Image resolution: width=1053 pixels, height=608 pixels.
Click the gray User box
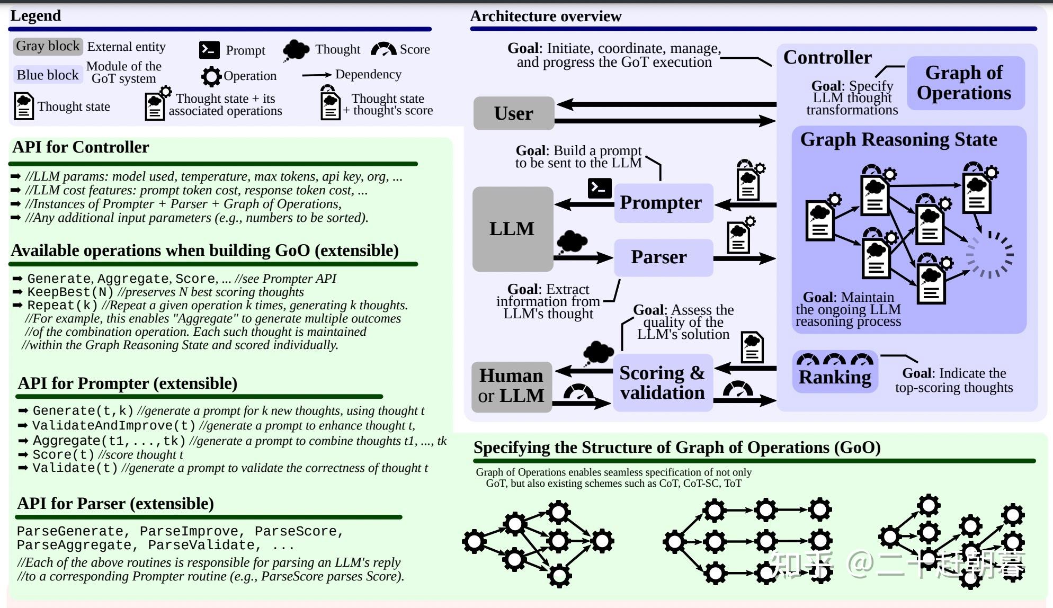click(x=514, y=113)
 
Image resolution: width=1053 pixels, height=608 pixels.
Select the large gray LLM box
click(x=513, y=229)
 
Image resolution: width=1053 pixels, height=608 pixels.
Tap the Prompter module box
click(x=664, y=203)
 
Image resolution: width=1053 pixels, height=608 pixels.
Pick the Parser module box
click(x=664, y=257)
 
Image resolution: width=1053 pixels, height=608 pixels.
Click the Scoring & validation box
click(x=663, y=383)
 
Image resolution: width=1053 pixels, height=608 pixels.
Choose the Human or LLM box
click(x=512, y=387)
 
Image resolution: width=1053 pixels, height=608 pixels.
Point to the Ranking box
click(x=835, y=371)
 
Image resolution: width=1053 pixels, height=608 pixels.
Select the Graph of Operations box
click(x=966, y=83)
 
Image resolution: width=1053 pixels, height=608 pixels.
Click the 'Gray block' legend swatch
click(x=48, y=46)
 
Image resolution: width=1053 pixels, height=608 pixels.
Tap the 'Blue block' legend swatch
click(x=48, y=75)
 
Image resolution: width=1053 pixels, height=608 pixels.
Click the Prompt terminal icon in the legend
click(x=209, y=50)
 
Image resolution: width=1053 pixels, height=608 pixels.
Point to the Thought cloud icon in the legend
click(x=296, y=50)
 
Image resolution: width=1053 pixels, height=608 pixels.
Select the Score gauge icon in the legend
click(x=383, y=49)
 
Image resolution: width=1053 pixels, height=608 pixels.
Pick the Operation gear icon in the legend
click(x=211, y=76)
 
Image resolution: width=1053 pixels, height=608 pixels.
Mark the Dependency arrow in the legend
click(x=317, y=75)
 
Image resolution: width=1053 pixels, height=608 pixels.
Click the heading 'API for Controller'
click(x=81, y=147)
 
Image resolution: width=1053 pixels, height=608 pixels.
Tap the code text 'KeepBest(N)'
click(x=70, y=292)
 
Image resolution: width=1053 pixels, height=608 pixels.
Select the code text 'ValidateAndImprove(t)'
click(x=114, y=426)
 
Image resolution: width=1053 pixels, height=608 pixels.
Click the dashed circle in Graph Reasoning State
click(x=989, y=255)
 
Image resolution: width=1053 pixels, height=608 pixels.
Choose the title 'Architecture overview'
click(x=546, y=16)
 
